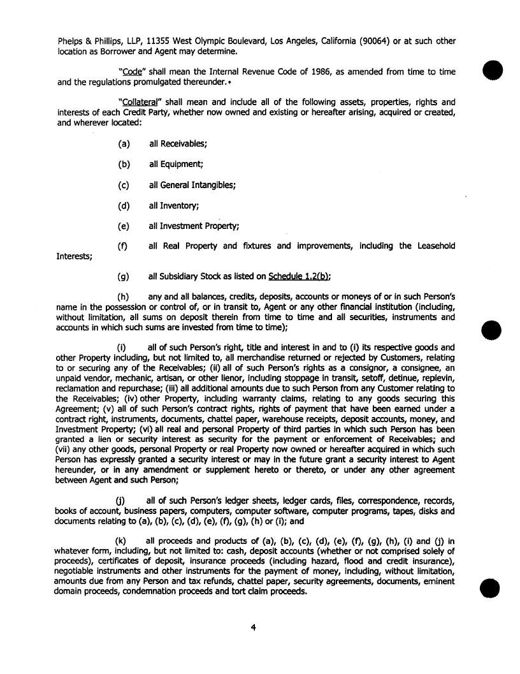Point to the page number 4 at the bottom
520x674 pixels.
pyautogui.click(x=253, y=627)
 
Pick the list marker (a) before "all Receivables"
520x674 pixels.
pyautogui.click(x=124, y=143)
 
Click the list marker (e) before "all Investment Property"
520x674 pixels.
pyautogui.click(x=124, y=226)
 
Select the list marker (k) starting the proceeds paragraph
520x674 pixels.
pyautogui.click(x=120, y=541)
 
